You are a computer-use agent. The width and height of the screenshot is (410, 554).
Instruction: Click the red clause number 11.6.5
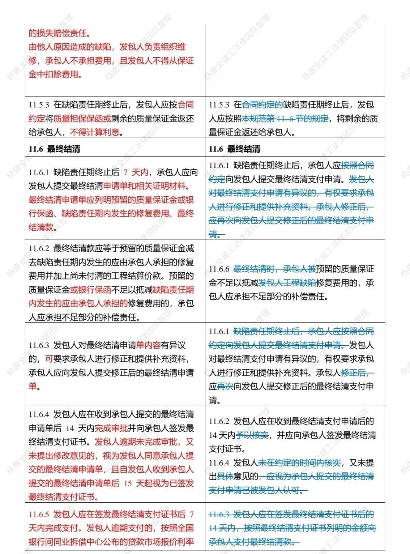(x=39, y=514)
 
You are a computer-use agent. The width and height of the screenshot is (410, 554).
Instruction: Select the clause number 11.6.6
(x=219, y=269)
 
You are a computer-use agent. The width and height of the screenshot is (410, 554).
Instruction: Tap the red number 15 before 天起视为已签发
(x=128, y=483)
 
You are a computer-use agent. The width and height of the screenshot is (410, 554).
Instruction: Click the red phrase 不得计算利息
(x=95, y=132)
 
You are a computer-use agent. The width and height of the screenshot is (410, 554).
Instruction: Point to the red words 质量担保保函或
(x=82, y=118)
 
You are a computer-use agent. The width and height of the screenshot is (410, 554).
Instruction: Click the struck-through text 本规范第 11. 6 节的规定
(x=285, y=118)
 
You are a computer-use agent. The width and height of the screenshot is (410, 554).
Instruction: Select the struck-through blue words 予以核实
(x=252, y=435)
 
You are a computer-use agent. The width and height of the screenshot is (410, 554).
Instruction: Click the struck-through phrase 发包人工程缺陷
(x=287, y=283)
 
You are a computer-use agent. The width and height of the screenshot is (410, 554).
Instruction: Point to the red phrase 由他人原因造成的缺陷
(x=70, y=47)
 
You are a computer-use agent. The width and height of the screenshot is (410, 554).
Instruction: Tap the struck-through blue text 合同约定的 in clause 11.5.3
(x=262, y=105)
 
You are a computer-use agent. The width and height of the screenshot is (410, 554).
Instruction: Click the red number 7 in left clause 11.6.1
(x=126, y=172)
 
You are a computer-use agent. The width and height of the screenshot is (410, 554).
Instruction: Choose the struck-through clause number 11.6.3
(x=219, y=514)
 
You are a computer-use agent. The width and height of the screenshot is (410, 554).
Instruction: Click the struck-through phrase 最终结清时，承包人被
(x=274, y=269)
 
